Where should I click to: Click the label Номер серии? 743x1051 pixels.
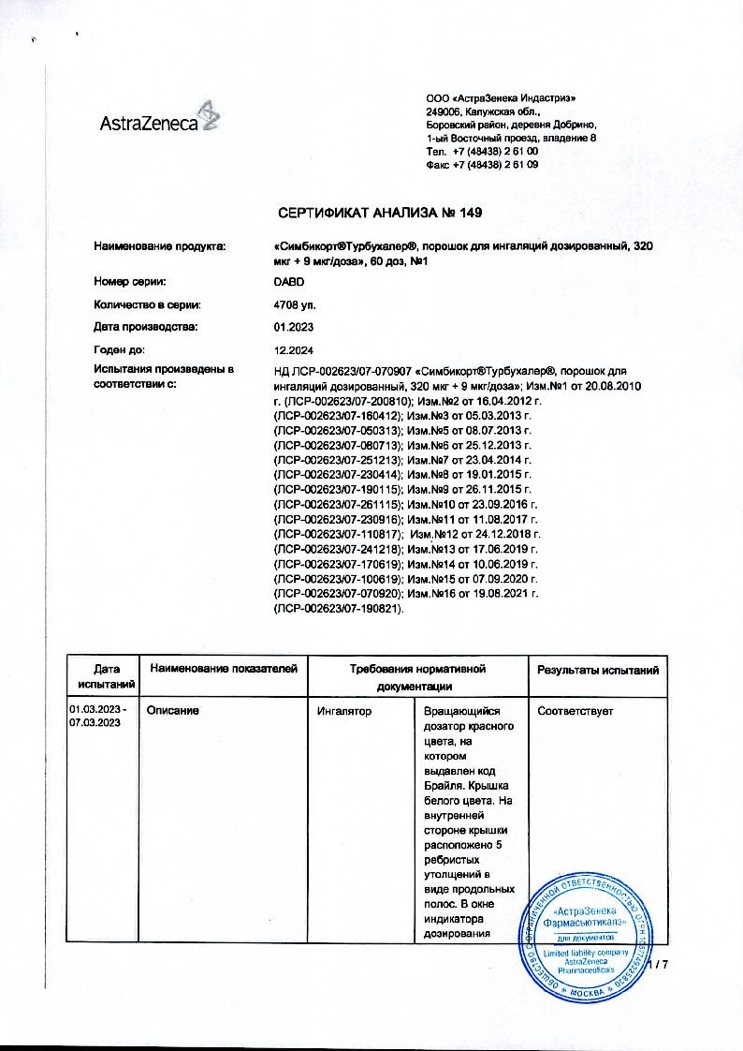[x=130, y=280]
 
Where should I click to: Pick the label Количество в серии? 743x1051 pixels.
[x=147, y=303]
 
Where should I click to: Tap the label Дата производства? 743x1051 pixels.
[x=145, y=326]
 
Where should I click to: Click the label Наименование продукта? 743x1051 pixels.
[x=160, y=245]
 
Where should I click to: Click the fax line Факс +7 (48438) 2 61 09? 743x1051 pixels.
[x=481, y=164]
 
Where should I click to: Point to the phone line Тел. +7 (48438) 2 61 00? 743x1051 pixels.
[x=481, y=151]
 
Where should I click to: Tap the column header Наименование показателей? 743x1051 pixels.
[x=223, y=669]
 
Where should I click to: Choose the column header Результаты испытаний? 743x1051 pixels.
[x=597, y=670]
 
